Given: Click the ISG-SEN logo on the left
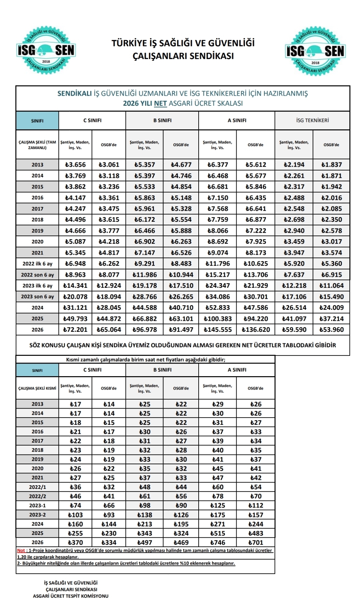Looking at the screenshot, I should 46,50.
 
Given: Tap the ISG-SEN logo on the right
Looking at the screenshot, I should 315,51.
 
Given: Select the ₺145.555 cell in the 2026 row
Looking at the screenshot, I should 218,330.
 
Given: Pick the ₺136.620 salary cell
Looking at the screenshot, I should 256,330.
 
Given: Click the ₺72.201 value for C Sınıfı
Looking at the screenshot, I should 75,330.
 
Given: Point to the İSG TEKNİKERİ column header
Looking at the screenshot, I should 312,120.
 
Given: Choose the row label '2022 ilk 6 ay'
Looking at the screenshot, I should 37,263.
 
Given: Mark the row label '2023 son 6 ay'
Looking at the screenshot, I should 37,296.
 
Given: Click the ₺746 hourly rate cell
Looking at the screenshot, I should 218,543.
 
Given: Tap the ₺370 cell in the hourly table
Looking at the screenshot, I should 75,543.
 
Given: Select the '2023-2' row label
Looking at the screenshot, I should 37,515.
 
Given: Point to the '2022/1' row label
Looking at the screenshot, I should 37,487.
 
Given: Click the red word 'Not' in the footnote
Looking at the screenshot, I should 21,551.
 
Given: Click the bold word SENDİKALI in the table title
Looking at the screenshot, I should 74,94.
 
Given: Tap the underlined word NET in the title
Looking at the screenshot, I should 160,103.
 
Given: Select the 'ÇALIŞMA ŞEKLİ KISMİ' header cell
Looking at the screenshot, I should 37,388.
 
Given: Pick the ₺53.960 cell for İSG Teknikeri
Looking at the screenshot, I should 331,330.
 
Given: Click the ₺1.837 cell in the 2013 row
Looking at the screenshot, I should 331,164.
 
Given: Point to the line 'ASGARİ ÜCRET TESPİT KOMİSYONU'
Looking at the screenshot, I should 71,596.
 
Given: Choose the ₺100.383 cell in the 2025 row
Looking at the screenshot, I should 218,319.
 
